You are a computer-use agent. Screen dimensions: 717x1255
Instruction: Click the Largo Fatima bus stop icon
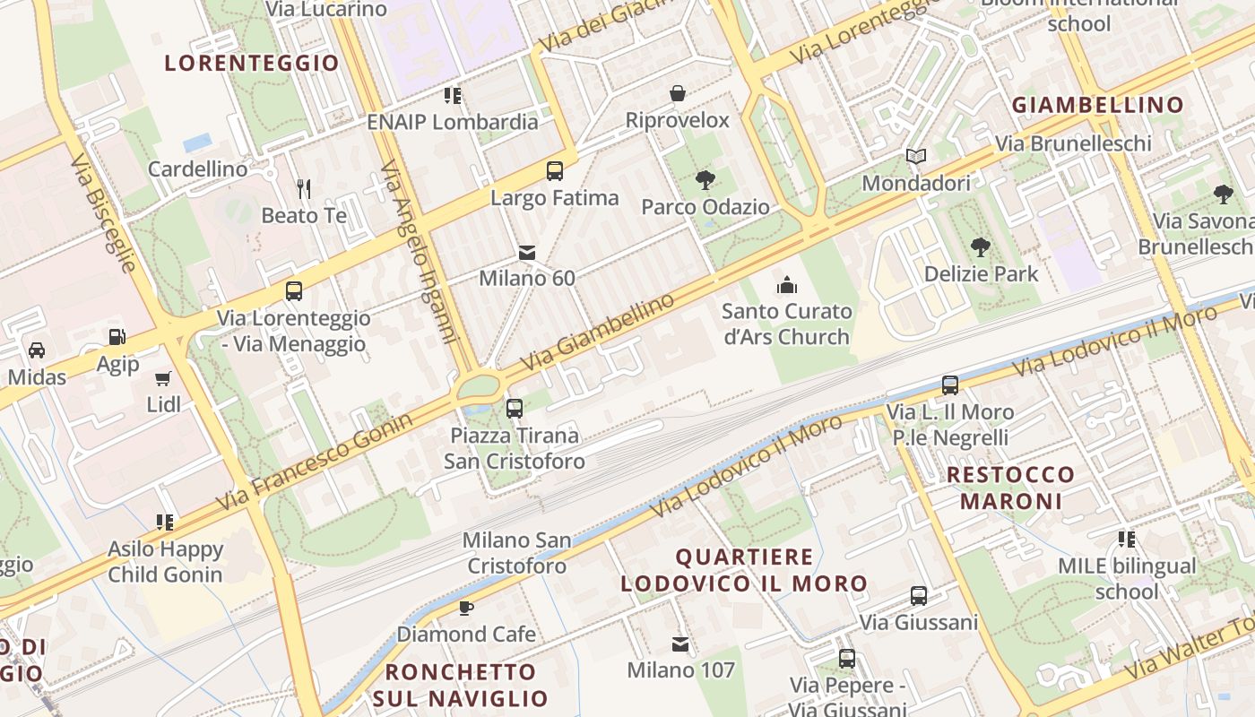pyautogui.click(x=555, y=170)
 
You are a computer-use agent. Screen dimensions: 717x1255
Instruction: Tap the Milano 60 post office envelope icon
pyautogui.click(x=527, y=254)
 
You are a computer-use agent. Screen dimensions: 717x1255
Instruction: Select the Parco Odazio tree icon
pyautogui.click(x=705, y=180)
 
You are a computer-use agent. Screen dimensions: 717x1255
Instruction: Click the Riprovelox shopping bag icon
pyautogui.click(x=678, y=93)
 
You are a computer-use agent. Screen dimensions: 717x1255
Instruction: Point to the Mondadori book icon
pyautogui.click(x=915, y=157)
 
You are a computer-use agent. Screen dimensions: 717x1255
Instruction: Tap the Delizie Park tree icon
pyautogui.click(x=981, y=246)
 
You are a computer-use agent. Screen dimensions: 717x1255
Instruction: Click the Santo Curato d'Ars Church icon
pyautogui.click(x=786, y=285)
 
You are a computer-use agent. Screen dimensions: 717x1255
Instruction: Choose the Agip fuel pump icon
pyautogui.click(x=117, y=337)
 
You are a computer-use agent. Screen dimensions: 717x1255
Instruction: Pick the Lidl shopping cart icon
pyautogui.click(x=163, y=378)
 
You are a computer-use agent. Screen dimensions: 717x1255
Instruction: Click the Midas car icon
pyautogui.click(x=37, y=350)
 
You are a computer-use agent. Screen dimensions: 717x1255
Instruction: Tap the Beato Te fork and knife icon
pyautogui.click(x=304, y=188)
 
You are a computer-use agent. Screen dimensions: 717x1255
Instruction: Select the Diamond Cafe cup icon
pyautogui.click(x=466, y=608)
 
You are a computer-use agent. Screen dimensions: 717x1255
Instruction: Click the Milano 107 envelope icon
pyautogui.click(x=680, y=644)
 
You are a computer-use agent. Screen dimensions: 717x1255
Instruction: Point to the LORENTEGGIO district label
pyautogui.click(x=252, y=63)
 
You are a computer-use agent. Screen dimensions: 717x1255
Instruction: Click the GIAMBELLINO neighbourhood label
pyautogui.click(x=1098, y=105)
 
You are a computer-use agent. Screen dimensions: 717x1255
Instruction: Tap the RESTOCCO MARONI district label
pyautogui.click(x=1010, y=488)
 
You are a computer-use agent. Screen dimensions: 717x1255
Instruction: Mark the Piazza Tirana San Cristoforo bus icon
pyautogui.click(x=515, y=409)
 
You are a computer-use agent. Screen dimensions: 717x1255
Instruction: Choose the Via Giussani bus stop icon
pyautogui.click(x=919, y=596)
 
